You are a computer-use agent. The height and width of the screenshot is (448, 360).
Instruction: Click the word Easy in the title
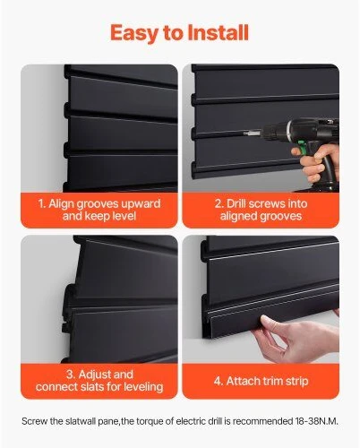(x=134, y=32)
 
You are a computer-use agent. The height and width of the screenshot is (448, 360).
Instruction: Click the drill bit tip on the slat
(x=245, y=134)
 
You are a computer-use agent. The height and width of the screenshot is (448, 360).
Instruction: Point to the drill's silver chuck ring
(x=288, y=131)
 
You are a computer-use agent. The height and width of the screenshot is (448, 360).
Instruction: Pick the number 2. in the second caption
(x=219, y=203)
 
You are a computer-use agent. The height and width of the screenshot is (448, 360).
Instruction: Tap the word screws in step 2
(x=263, y=203)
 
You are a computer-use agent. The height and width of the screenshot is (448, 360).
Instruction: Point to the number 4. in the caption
(x=219, y=382)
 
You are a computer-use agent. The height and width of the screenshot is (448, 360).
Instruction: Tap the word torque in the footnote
(x=150, y=422)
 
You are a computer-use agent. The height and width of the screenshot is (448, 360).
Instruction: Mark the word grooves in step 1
(x=95, y=204)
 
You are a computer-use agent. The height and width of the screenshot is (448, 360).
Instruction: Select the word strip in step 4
(x=297, y=382)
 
